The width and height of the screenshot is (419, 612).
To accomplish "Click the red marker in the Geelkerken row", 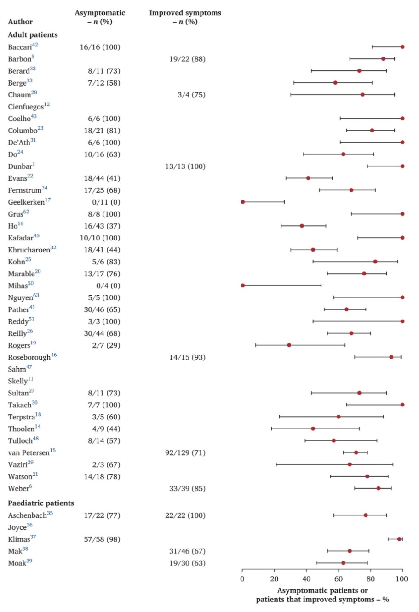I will tap(243, 202).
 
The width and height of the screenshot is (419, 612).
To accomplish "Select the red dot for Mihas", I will tap(243, 286).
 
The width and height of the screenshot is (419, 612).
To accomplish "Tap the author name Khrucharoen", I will tap(29, 250).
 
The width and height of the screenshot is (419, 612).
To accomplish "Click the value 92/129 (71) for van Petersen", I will tap(185, 453).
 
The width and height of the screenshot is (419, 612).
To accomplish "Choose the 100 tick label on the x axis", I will tap(402, 578).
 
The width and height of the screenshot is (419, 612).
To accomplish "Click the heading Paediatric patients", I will tap(41, 503).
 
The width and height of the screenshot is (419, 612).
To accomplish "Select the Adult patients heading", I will tap(33, 35).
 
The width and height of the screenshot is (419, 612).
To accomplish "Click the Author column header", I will tap(20, 22).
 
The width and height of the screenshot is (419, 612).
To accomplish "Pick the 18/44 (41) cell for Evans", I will tap(100, 178).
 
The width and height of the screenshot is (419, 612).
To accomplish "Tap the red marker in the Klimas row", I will tap(399, 539).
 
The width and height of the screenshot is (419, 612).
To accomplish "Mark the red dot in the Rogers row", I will tap(289, 345).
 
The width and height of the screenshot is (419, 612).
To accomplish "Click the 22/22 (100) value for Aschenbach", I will tap(185, 515).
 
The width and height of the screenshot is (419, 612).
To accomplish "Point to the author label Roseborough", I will tap(29, 357).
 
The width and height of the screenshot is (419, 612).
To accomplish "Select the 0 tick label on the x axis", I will tap(243, 578).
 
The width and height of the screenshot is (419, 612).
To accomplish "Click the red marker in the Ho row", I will tap(302, 226).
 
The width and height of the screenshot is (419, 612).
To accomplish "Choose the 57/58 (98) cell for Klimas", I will tap(100, 539).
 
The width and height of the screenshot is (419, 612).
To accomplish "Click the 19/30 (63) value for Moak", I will tap(185, 563).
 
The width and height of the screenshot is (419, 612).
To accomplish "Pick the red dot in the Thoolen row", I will tap(313, 429).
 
